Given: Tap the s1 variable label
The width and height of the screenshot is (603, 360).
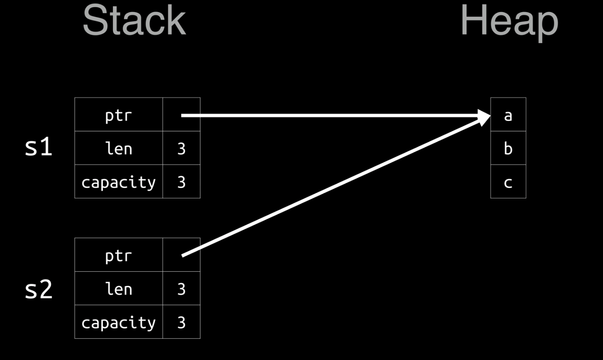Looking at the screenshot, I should point(38,147).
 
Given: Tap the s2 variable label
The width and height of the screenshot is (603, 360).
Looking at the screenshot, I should point(38,289).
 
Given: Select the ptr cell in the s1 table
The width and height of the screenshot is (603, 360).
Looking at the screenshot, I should point(118,115).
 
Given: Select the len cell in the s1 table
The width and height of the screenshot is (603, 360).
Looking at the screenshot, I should point(118,149).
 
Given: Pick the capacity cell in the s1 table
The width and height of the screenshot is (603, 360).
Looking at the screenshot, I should point(118,182).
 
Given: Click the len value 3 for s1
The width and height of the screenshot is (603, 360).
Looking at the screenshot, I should point(181,149).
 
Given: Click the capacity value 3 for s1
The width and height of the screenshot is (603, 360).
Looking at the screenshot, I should point(181,182).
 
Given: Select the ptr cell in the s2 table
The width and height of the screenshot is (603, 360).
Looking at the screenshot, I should point(118,255).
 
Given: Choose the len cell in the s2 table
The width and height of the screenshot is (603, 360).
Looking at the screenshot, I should point(118,289).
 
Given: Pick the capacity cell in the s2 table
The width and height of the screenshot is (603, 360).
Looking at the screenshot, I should point(118,322).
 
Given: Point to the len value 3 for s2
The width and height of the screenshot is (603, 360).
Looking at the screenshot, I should point(181,289).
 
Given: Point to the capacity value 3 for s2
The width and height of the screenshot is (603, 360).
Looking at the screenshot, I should point(181,323).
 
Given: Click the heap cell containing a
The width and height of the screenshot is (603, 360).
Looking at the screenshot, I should point(508,115).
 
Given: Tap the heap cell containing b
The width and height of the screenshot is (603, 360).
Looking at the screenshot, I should point(508,149).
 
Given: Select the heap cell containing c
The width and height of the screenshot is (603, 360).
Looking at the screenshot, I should point(508,182).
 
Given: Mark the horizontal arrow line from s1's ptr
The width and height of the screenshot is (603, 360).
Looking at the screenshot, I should point(323,115).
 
